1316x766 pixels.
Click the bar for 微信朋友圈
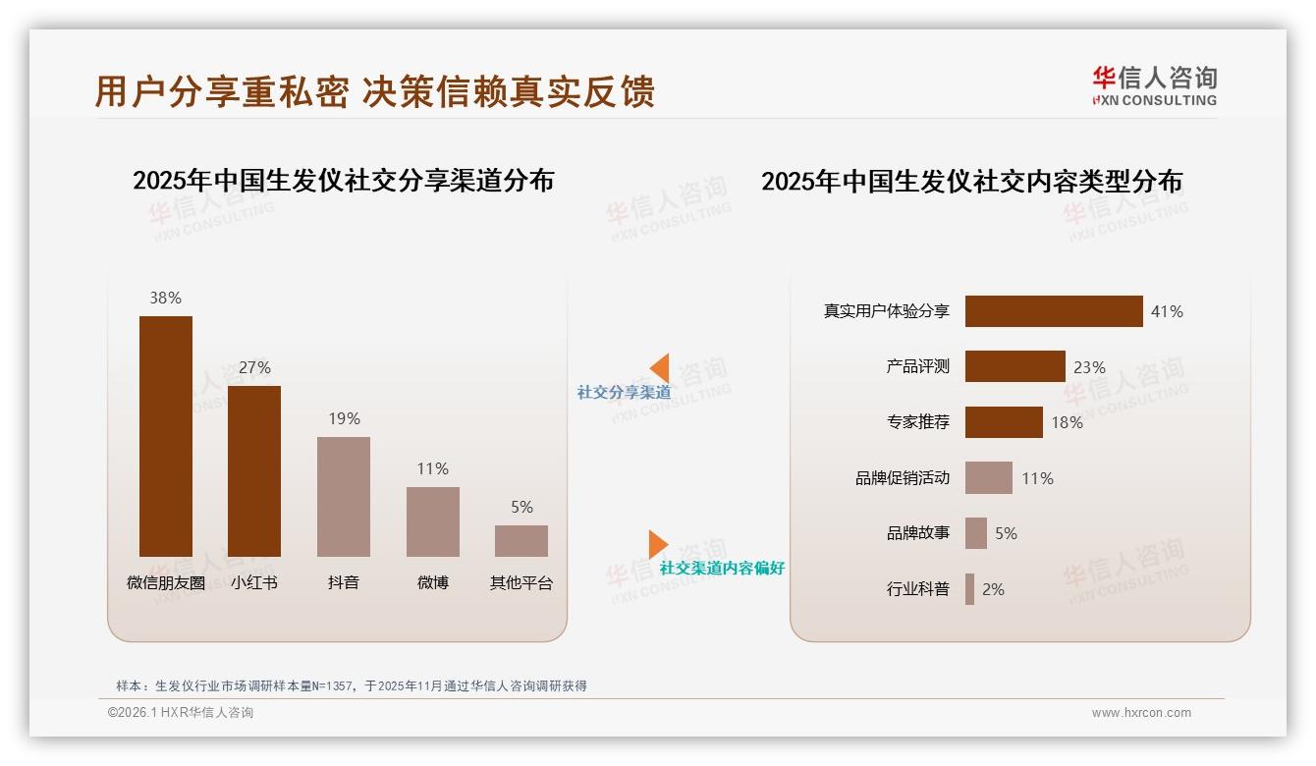coord(165,436)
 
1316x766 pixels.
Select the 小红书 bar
coord(254,471)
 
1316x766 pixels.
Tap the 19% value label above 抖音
coord(344,418)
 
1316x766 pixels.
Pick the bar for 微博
coord(433,521)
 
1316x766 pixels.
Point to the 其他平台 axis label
coord(521,582)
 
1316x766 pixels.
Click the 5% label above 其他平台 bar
coord(521,507)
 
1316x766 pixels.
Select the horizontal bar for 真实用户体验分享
coord(1054,311)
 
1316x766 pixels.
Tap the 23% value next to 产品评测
coord(1089,367)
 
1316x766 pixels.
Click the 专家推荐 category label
coord(917,422)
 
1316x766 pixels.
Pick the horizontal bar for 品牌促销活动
coord(988,478)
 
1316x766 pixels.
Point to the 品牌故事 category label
coord(917,533)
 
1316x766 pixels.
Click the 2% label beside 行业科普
coord(993,589)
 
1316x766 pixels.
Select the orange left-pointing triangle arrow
coord(660,367)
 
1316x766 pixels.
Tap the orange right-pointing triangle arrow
coord(658,543)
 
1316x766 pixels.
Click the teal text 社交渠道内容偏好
coord(722,568)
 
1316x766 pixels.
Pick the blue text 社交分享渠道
coord(624,392)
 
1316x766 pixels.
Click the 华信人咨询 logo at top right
coord(1154,86)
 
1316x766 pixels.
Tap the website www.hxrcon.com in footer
coord(1141,713)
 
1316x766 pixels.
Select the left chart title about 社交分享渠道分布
coord(343,181)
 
